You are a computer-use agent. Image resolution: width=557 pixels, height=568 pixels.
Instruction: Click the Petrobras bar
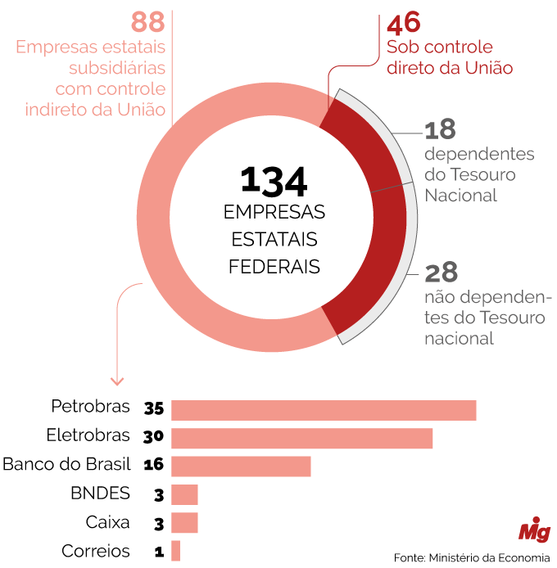click(324, 410)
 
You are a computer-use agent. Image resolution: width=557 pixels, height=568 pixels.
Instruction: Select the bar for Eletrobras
click(301, 438)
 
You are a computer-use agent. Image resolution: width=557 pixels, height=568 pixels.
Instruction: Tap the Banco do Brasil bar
click(241, 466)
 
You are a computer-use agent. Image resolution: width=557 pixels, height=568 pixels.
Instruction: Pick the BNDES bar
click(184, 494)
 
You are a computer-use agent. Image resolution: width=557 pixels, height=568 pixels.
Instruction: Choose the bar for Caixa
click(184, 522)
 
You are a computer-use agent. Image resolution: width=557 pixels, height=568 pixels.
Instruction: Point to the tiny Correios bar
click(175, 551)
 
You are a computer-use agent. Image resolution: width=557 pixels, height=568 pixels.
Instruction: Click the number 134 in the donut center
click(274, 182)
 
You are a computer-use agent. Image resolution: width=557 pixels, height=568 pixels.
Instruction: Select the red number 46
click(405, 22)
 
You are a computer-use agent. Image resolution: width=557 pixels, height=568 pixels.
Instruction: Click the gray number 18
click(440, 130)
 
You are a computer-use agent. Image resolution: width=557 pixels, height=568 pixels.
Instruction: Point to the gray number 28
click(441, 272)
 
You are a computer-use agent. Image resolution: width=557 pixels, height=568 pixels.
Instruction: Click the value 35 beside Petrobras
click(154, 408)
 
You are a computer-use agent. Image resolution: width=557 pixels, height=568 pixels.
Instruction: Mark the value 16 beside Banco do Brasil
click(154, 465)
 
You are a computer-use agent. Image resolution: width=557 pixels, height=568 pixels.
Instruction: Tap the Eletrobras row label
click(88, 435)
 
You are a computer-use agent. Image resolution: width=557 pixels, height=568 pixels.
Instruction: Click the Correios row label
click(96, 551)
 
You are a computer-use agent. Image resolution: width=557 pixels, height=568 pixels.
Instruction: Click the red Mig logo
click(534, 530)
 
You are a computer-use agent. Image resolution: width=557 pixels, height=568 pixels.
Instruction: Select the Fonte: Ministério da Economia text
click(471, 558)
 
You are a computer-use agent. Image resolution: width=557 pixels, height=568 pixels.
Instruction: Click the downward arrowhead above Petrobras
click(117, 381)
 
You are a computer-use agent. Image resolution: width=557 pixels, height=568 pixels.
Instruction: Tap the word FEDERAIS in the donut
click(274, 267)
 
